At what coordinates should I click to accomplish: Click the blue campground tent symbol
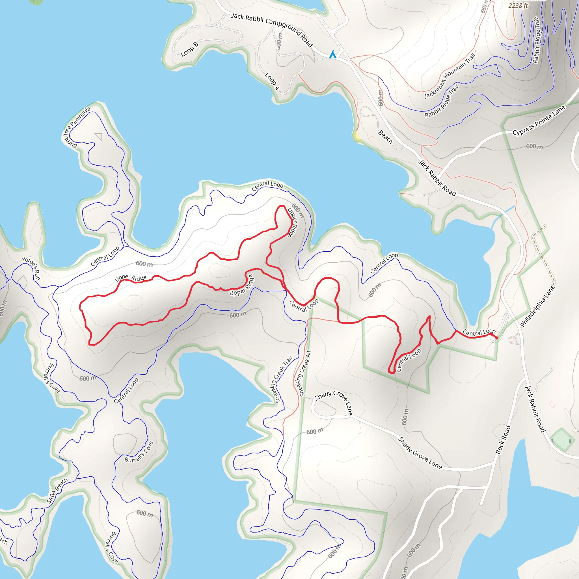(x=333, y=55)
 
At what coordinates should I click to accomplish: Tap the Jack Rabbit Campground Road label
(x=272, y=29)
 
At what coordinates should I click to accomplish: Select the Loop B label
(x=189, y=49)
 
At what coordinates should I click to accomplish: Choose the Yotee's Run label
(x=31, y=268)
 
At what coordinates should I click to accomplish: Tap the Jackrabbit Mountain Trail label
(x=450, y=76)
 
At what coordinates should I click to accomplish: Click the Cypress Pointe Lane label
(x=539, y=120)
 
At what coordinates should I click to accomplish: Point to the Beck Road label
(x=503, y=439)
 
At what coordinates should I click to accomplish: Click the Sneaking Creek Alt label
(x=303, y=373)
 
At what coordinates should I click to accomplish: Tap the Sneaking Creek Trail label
(x=283, y=379)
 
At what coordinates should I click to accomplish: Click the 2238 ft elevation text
(x=518, y=6)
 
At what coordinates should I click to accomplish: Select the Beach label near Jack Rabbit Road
(x=385, y=137)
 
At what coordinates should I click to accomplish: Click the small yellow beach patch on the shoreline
(x=357, y=136)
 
